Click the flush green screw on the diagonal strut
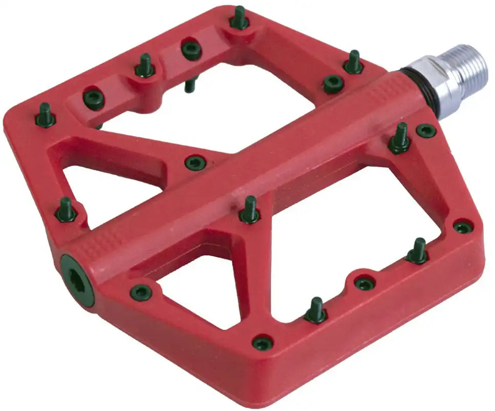pos(195,163)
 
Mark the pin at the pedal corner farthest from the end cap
pos(239,18)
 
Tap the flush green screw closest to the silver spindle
pos(426,130)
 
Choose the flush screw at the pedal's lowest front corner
pos(263,342)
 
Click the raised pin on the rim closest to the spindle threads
pos(353,63)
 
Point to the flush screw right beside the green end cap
pos(140,293)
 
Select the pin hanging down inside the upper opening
pos(190,85)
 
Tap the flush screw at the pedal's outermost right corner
pos(463,227)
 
